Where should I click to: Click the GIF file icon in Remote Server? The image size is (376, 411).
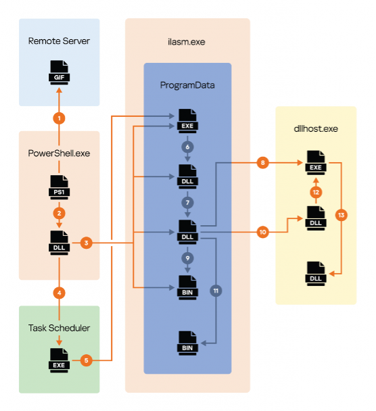click(60, 72)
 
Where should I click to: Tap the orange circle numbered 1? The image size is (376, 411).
click(59, 118)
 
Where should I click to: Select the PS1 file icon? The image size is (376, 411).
click(60, 187)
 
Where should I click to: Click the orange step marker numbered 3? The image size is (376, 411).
click(87, 243)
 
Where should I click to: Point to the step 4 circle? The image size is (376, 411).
click(60, 293)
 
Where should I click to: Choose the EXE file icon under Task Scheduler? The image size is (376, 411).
click(59, 361)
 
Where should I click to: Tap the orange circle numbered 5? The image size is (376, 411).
click(87, 360)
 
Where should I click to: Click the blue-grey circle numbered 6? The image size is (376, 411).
click(187, 147)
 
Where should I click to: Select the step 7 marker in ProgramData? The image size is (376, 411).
click(187, 203)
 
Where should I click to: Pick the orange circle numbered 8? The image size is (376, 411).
click(263, 163)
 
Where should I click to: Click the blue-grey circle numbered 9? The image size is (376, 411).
click(187, 258)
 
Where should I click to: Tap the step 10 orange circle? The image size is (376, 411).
click(263, 232)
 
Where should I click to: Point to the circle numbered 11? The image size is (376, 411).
click(216, 291)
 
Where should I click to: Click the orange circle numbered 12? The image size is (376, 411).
click(316, 192)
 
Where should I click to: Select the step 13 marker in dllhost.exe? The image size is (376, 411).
click(341, 215)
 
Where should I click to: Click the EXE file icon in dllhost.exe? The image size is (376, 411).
click(316, 163)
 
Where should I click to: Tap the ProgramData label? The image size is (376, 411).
click(187, 85)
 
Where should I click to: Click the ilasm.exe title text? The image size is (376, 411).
click(187, 42)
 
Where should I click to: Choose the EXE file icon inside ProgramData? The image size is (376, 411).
click(187, 121)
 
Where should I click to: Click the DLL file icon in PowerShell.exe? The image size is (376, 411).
click(60, 243)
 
